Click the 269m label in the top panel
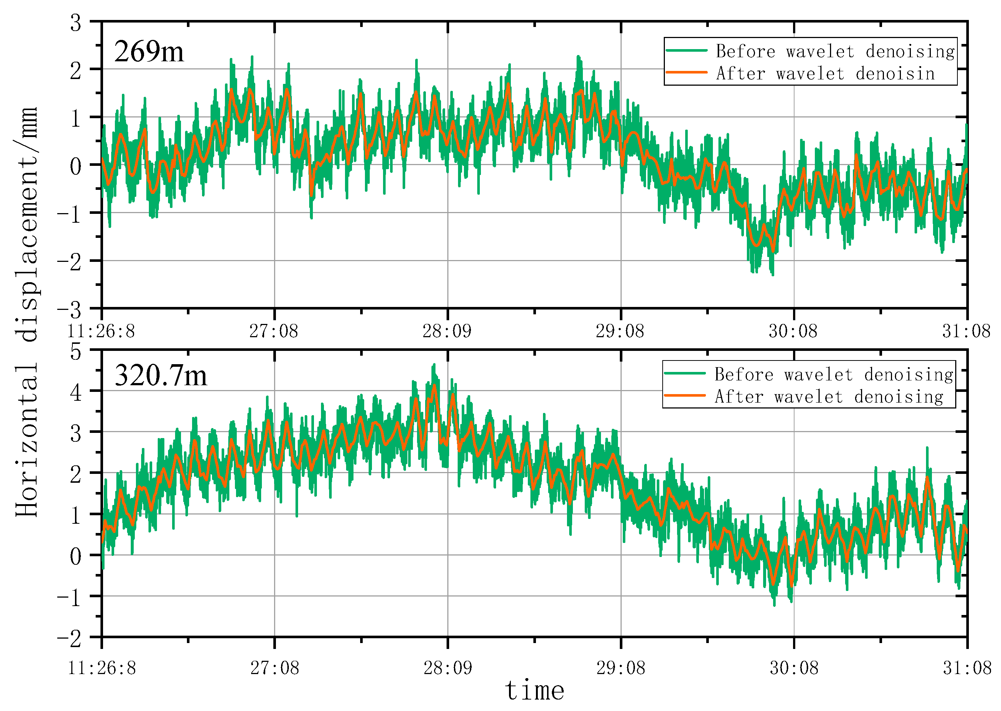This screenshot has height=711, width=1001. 149,52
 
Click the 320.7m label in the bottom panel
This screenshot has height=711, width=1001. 160,376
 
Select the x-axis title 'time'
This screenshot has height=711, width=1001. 534,690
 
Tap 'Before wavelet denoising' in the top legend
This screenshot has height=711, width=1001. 835,51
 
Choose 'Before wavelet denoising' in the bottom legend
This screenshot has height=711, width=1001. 833,374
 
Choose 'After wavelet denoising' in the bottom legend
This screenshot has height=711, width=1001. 829,396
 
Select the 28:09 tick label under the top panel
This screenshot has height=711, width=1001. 447,331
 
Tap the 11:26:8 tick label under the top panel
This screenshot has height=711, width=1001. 101,331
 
